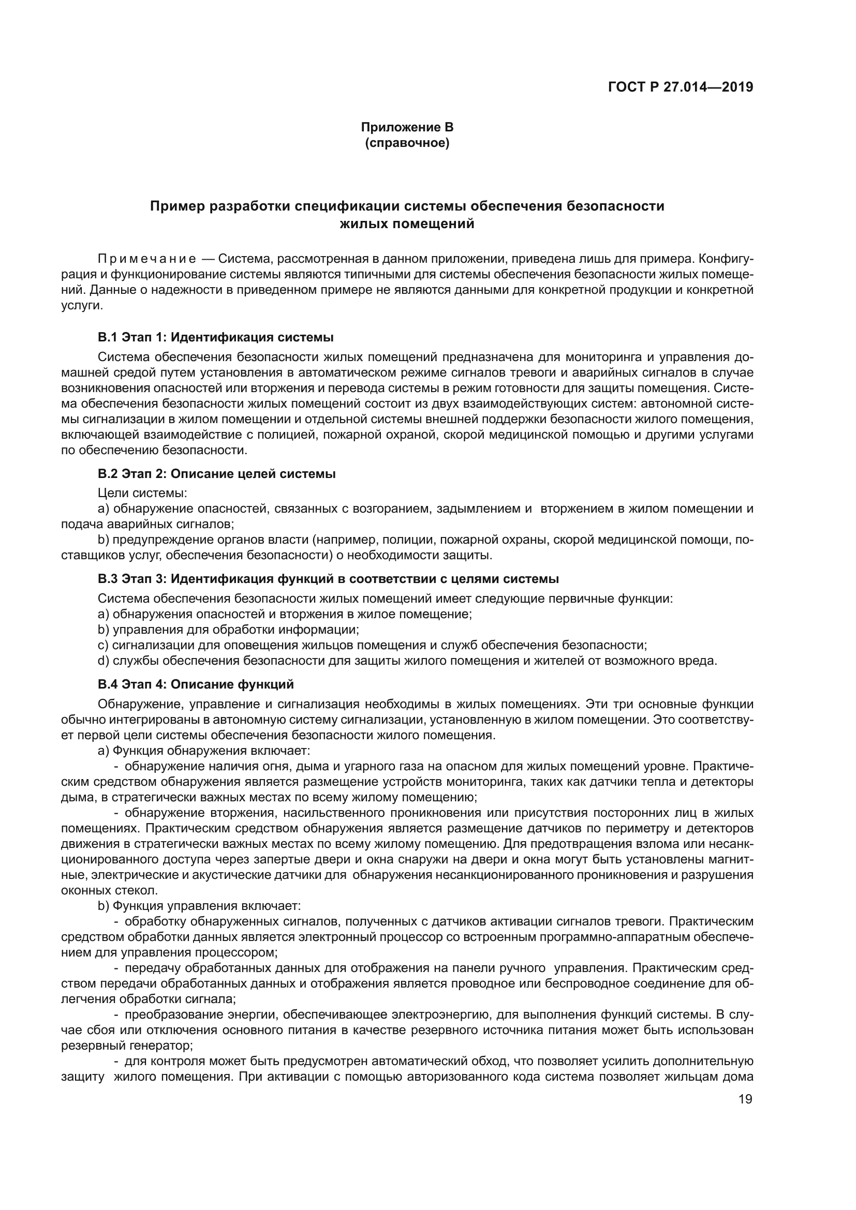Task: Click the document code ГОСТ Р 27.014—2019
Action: [x=681, y=87]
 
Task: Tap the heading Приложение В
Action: [x=407, y=127]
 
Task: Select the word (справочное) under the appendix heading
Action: [x=407, y=143]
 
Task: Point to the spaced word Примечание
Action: [x=147, y=259]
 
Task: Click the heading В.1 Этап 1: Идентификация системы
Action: [x=216, y=337]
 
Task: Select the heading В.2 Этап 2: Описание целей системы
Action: [x=217, y=473]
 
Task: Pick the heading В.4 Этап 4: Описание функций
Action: [x=196, y=684]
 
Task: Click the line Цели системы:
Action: [x=142, y=494]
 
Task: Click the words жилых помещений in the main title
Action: [x=407, y=224]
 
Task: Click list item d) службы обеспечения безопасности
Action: [x=407, y=660]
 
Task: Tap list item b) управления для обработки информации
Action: [x=228, y=629]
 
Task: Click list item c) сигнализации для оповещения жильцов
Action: [x=372, y=645]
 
